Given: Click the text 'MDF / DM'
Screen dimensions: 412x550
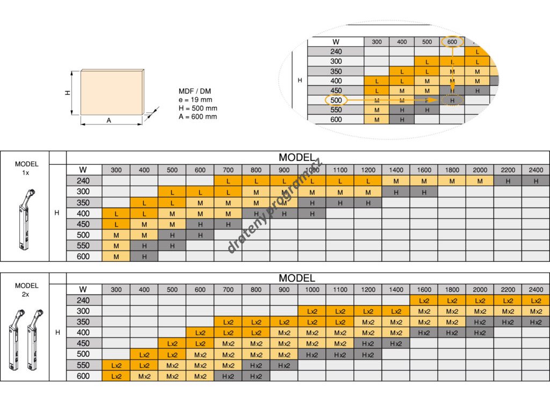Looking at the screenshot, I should (195, 91).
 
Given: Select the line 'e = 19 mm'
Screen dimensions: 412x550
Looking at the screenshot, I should (196, 100).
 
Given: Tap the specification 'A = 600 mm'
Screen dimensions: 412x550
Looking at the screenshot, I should (198, 116).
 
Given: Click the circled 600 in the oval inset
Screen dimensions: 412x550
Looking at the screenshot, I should (452, 42).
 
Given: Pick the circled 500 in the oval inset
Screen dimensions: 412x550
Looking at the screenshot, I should (336, 100).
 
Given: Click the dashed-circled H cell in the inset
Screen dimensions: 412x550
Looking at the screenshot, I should (452, 100).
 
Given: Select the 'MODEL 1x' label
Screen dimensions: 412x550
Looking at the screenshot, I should (26, 168).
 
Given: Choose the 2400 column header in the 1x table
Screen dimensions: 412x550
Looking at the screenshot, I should (535, 171).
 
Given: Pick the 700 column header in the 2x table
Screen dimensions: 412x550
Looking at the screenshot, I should (228, 290).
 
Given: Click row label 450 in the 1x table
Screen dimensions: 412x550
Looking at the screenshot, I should (83, 224).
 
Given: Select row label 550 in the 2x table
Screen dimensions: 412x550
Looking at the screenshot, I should (83, 365).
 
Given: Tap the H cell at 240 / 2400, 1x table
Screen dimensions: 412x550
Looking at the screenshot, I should (535, 181).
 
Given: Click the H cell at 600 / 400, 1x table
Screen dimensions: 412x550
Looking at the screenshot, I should (144, 256).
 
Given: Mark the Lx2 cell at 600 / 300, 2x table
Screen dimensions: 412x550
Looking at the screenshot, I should (116, 376).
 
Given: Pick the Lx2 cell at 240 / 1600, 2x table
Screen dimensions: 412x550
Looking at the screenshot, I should (424, 300).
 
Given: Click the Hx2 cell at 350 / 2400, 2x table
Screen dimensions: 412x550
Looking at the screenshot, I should (535, 322).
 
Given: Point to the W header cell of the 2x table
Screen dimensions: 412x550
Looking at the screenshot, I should (83, 290).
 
